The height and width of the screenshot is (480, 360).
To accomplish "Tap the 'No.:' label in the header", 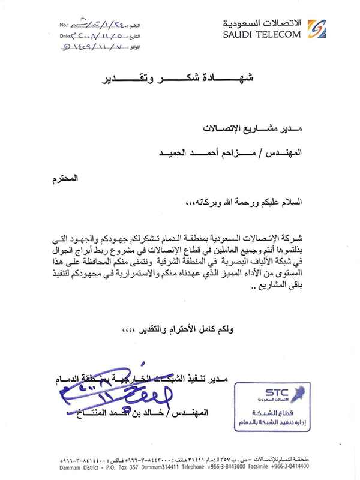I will pos(65,26).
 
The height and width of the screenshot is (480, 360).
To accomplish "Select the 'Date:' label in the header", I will pos(67,37).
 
